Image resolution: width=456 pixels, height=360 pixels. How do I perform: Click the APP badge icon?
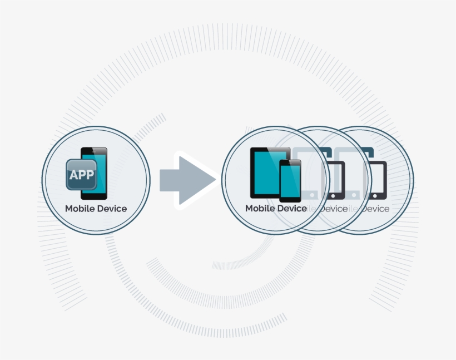coord(81,175)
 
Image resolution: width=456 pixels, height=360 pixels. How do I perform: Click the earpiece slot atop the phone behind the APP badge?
coord(95,150)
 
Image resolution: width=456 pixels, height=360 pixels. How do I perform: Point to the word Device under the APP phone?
coord(113,209)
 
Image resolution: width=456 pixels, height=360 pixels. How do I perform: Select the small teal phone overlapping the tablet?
coord(290,181)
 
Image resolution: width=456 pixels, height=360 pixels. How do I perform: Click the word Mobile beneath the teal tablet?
coord(261,209)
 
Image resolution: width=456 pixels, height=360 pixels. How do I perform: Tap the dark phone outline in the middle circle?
coord(334,179)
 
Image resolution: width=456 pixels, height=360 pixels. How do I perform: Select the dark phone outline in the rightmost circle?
coord(376,179)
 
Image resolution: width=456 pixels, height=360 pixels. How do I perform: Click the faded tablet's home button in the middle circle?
coord(313,195)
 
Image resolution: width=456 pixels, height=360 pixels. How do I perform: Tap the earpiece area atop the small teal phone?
coord(290,162)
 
